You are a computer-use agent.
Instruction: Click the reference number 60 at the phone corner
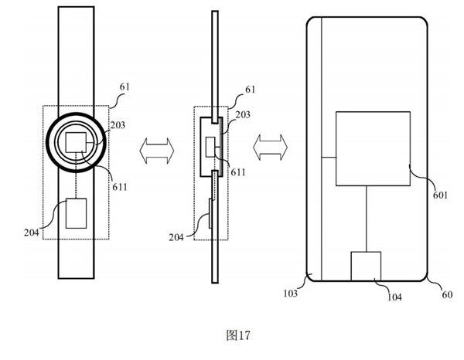[446, 294]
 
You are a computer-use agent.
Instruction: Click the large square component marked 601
[372, 148]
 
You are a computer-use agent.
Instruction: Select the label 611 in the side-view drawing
[237, 172]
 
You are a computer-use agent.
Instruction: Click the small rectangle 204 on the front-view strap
[77, 213]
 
